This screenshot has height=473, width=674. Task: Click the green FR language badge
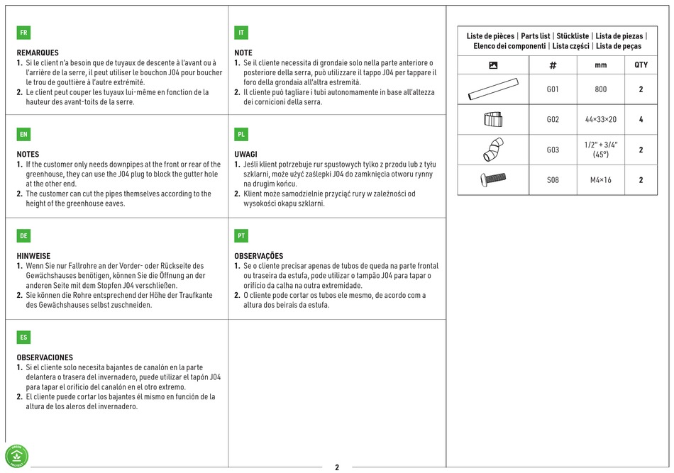(x=23, y=33)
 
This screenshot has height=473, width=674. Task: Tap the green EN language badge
(x=23, y=134)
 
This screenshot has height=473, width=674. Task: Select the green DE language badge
(x=23, y=235)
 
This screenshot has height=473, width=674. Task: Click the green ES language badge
(x=23, y=338)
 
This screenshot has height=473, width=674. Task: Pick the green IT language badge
(x=241, y=33)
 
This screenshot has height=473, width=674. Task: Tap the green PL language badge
(x=241, y=134)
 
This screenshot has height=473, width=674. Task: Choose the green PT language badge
(x=241, y=235)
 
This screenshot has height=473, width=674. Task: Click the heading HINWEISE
(x=33, y=256)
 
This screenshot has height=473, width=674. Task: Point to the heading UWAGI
(x=246, y=154)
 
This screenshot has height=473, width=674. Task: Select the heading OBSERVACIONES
(x=45, y=357)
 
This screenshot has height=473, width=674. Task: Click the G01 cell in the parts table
(x=553, y=89)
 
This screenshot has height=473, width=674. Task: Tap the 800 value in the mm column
(x=600, y=89)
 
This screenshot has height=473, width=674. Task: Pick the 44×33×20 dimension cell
(x=600, y=119)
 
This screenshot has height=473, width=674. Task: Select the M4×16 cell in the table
(x=600, y=180)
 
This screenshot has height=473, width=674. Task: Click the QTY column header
(x=641, y=65)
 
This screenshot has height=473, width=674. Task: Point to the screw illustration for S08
(x=493, y=179)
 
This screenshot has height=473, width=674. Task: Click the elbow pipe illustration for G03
(x=493, y=150)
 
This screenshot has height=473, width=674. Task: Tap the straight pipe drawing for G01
(x=493, y=89)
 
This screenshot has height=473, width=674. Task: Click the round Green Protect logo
(x=17, y=456)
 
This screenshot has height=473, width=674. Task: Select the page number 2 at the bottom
(x=337, y=467)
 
